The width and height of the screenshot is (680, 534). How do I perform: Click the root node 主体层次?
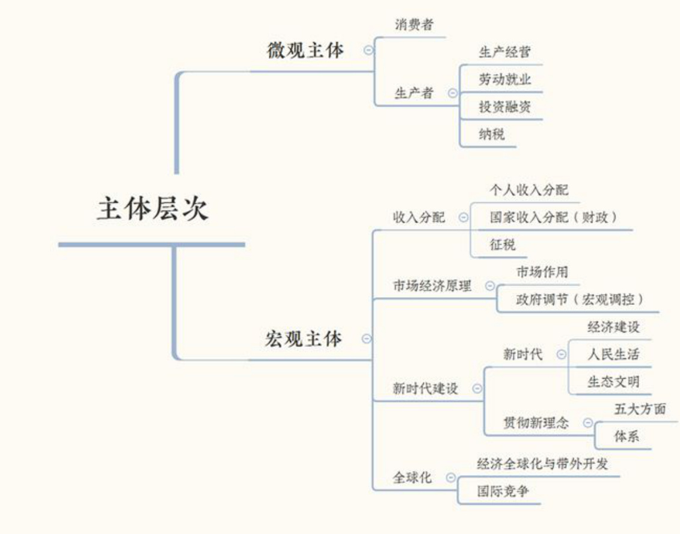tap(152, 210)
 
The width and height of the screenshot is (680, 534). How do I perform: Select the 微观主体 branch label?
tap(305, 51)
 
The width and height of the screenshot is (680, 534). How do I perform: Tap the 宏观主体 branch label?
tap(303, 339)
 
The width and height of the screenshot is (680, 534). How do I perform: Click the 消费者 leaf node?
tap(414, 25)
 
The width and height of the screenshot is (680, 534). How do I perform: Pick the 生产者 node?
tap(414, 93)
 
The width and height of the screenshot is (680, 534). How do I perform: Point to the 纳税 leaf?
tap(492, 134)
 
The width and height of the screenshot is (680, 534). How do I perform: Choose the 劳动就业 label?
tap(505, 79)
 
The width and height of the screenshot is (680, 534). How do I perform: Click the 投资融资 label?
tap(505, 106)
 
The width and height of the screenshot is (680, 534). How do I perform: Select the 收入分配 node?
tap(419, 217)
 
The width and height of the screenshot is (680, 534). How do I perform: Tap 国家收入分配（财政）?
tap(553, 217)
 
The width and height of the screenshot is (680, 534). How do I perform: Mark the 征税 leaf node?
tap(503, 245)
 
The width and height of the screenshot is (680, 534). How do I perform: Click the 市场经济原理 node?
tap(432, 286)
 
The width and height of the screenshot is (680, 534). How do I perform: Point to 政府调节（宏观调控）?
tap(580, 299)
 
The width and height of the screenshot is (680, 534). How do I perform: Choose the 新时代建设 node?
tap(425, 388)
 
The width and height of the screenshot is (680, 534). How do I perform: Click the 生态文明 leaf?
tap(613, 381)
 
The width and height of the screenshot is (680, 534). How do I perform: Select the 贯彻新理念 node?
tap(536, 423)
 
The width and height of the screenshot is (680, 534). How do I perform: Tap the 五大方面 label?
tap(640, 410)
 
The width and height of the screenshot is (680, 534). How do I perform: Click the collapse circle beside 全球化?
tap(451, 477)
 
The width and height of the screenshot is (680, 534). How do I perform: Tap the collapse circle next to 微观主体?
tap(369, 51)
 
